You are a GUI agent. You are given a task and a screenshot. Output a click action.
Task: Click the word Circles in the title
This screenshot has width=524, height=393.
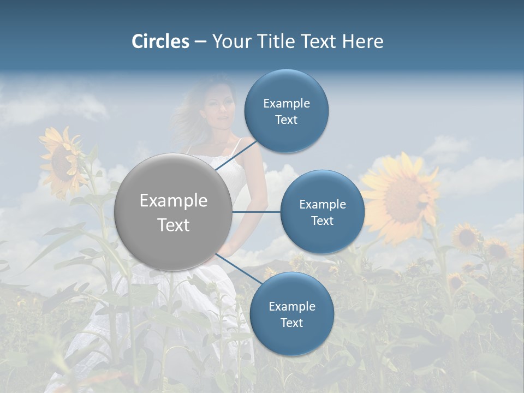tap(160, 41)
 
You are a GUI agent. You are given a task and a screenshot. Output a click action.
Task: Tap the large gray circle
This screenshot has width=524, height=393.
tap(173, 212)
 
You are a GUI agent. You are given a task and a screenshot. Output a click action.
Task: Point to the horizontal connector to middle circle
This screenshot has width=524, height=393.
tap(256, 212)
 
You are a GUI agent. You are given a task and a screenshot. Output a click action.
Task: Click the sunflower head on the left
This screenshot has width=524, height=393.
tap(63, 161)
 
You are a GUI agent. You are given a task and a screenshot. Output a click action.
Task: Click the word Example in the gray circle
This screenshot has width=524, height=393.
tap(173, 200)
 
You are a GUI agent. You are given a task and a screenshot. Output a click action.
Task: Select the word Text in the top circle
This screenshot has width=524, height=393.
tap(286, 120)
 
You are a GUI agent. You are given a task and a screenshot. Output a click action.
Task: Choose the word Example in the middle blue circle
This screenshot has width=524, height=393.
tap(322, 204)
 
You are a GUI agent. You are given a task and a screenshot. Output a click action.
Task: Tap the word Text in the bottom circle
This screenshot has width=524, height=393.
tap(291, 323)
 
